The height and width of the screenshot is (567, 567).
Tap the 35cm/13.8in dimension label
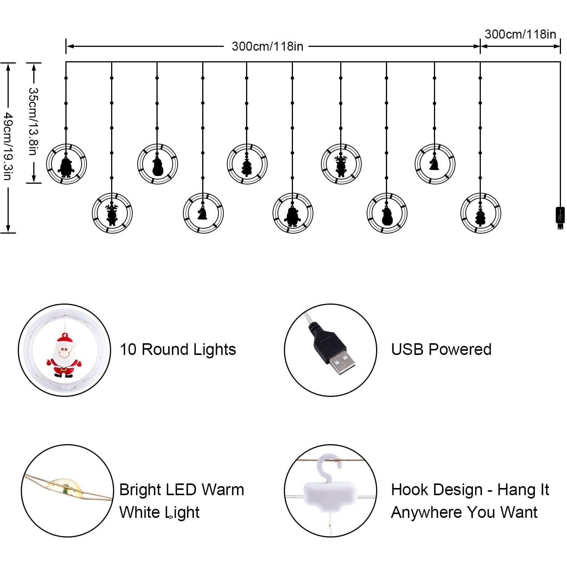tap(33, 121)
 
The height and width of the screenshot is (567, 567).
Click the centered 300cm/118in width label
tap(267, 46)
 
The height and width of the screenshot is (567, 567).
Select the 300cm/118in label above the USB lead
tap(520, 34)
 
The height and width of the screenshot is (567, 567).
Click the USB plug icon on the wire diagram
tap(560, 217)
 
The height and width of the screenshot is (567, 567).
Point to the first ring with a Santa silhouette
tap(67, 164)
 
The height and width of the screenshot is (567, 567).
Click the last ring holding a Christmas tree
tap(480, 213)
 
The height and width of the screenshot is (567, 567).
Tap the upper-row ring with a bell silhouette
tap(435, 164)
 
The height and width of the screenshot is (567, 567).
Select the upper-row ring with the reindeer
tap(341, 164)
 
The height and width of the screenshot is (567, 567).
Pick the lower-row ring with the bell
tap(203, 213)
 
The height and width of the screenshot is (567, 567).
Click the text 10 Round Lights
tap(178, 350)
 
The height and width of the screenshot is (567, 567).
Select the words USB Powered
tap(441, 350)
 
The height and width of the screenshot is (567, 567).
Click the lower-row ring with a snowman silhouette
tap(387, 213)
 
